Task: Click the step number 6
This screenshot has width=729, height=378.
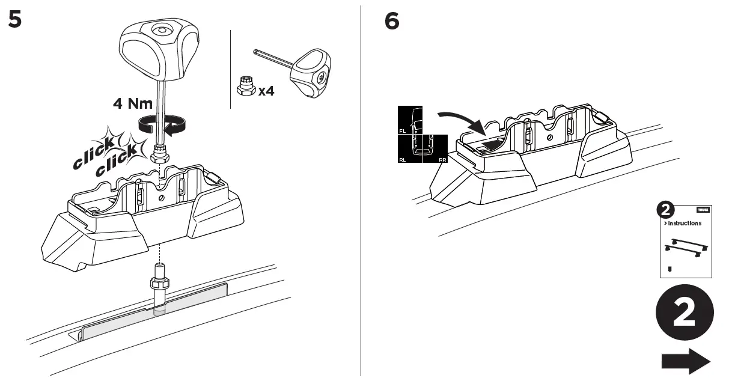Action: pos(391,22)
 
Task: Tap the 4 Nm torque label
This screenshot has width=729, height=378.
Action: pos(133,103)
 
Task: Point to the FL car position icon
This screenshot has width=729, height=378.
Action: pos(410,120)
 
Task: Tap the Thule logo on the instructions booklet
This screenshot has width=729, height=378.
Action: pos(702,210)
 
